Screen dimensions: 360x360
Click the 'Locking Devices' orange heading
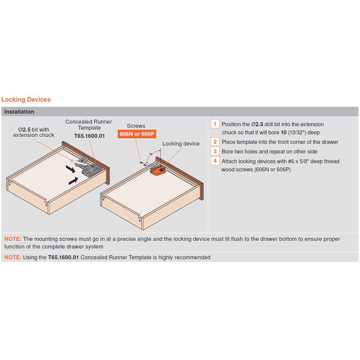tap(26, 99)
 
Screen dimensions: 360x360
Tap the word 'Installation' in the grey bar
tap(19, 112)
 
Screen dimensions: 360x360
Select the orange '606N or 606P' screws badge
tap(137, 134)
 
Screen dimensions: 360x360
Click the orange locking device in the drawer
tap(158, 170)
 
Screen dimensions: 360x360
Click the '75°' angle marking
tap(151, 154)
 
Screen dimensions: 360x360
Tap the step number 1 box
tap(215, 124)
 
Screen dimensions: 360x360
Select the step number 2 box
tap(215, 141)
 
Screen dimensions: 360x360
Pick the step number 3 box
tap(215, 151)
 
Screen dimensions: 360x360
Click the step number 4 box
tap(215, 161)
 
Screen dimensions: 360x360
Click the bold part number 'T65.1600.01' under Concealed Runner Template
tap(90, 136)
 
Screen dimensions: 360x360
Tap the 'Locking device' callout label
tap(181, 144)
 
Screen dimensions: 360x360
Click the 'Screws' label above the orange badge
tap(136, 126)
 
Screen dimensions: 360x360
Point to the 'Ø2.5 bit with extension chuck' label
tap(33, 132)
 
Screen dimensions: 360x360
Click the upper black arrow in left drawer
tap(71, 169)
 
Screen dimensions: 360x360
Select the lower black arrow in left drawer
tap(73, 181)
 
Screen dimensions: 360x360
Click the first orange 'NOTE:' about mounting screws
tap(13, 239)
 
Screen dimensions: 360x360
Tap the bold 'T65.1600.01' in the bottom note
tap(63, 257)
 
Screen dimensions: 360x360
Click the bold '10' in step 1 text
tap(284, 132)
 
